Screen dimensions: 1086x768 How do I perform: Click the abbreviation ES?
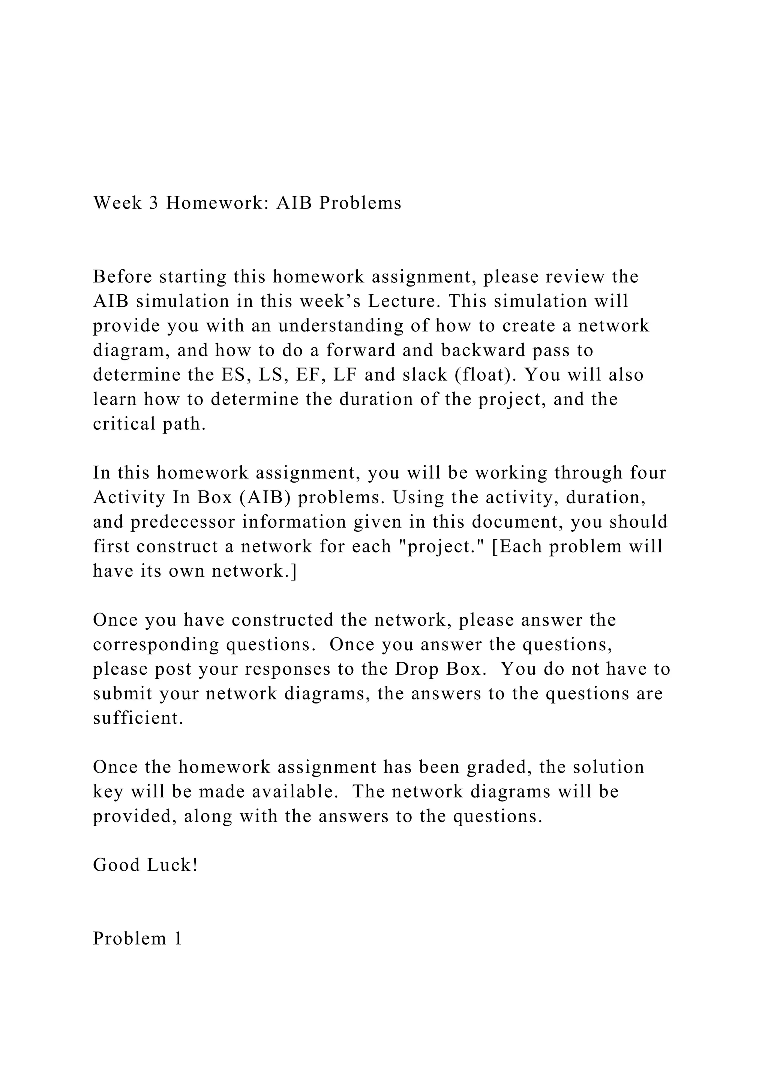(x=232, y=375)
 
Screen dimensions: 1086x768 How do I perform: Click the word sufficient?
(x=138, y=718)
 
